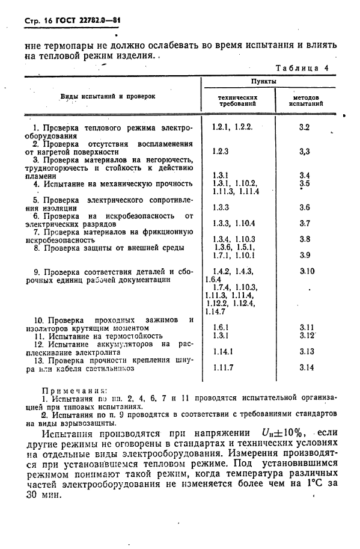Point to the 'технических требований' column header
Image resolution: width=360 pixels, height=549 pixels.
click(239, 100)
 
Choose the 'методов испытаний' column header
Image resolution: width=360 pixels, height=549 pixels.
click(306, 100)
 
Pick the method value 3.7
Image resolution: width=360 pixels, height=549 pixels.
click(304, 223)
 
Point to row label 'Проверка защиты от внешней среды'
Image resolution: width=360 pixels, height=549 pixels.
click(108, 247)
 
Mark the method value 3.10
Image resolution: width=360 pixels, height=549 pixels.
click(307, 271)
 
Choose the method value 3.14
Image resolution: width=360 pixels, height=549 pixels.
click(307, 367)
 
